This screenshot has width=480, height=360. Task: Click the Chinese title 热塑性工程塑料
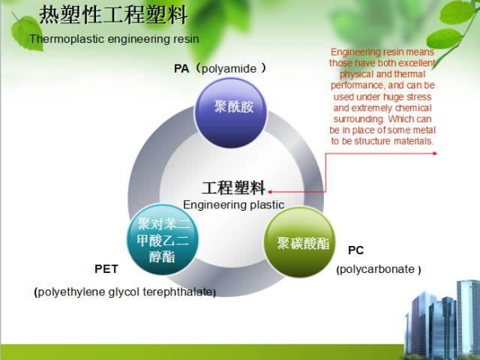click(x=113, y=14)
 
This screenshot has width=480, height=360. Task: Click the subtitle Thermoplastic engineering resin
click(x=103, y=37)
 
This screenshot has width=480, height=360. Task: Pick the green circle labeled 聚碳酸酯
click(x=302, y=243)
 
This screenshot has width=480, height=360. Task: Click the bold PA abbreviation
click(x=181, y=69)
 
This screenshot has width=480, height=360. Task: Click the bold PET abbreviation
click(x=106, y=268)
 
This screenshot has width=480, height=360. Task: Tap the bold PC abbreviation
click(x=355, y=250)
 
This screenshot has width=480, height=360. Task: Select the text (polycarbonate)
click(x=378, y=269)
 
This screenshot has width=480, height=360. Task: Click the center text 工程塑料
click(x=233, y=187)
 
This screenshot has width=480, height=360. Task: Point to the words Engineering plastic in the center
click(x=234, y=204)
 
